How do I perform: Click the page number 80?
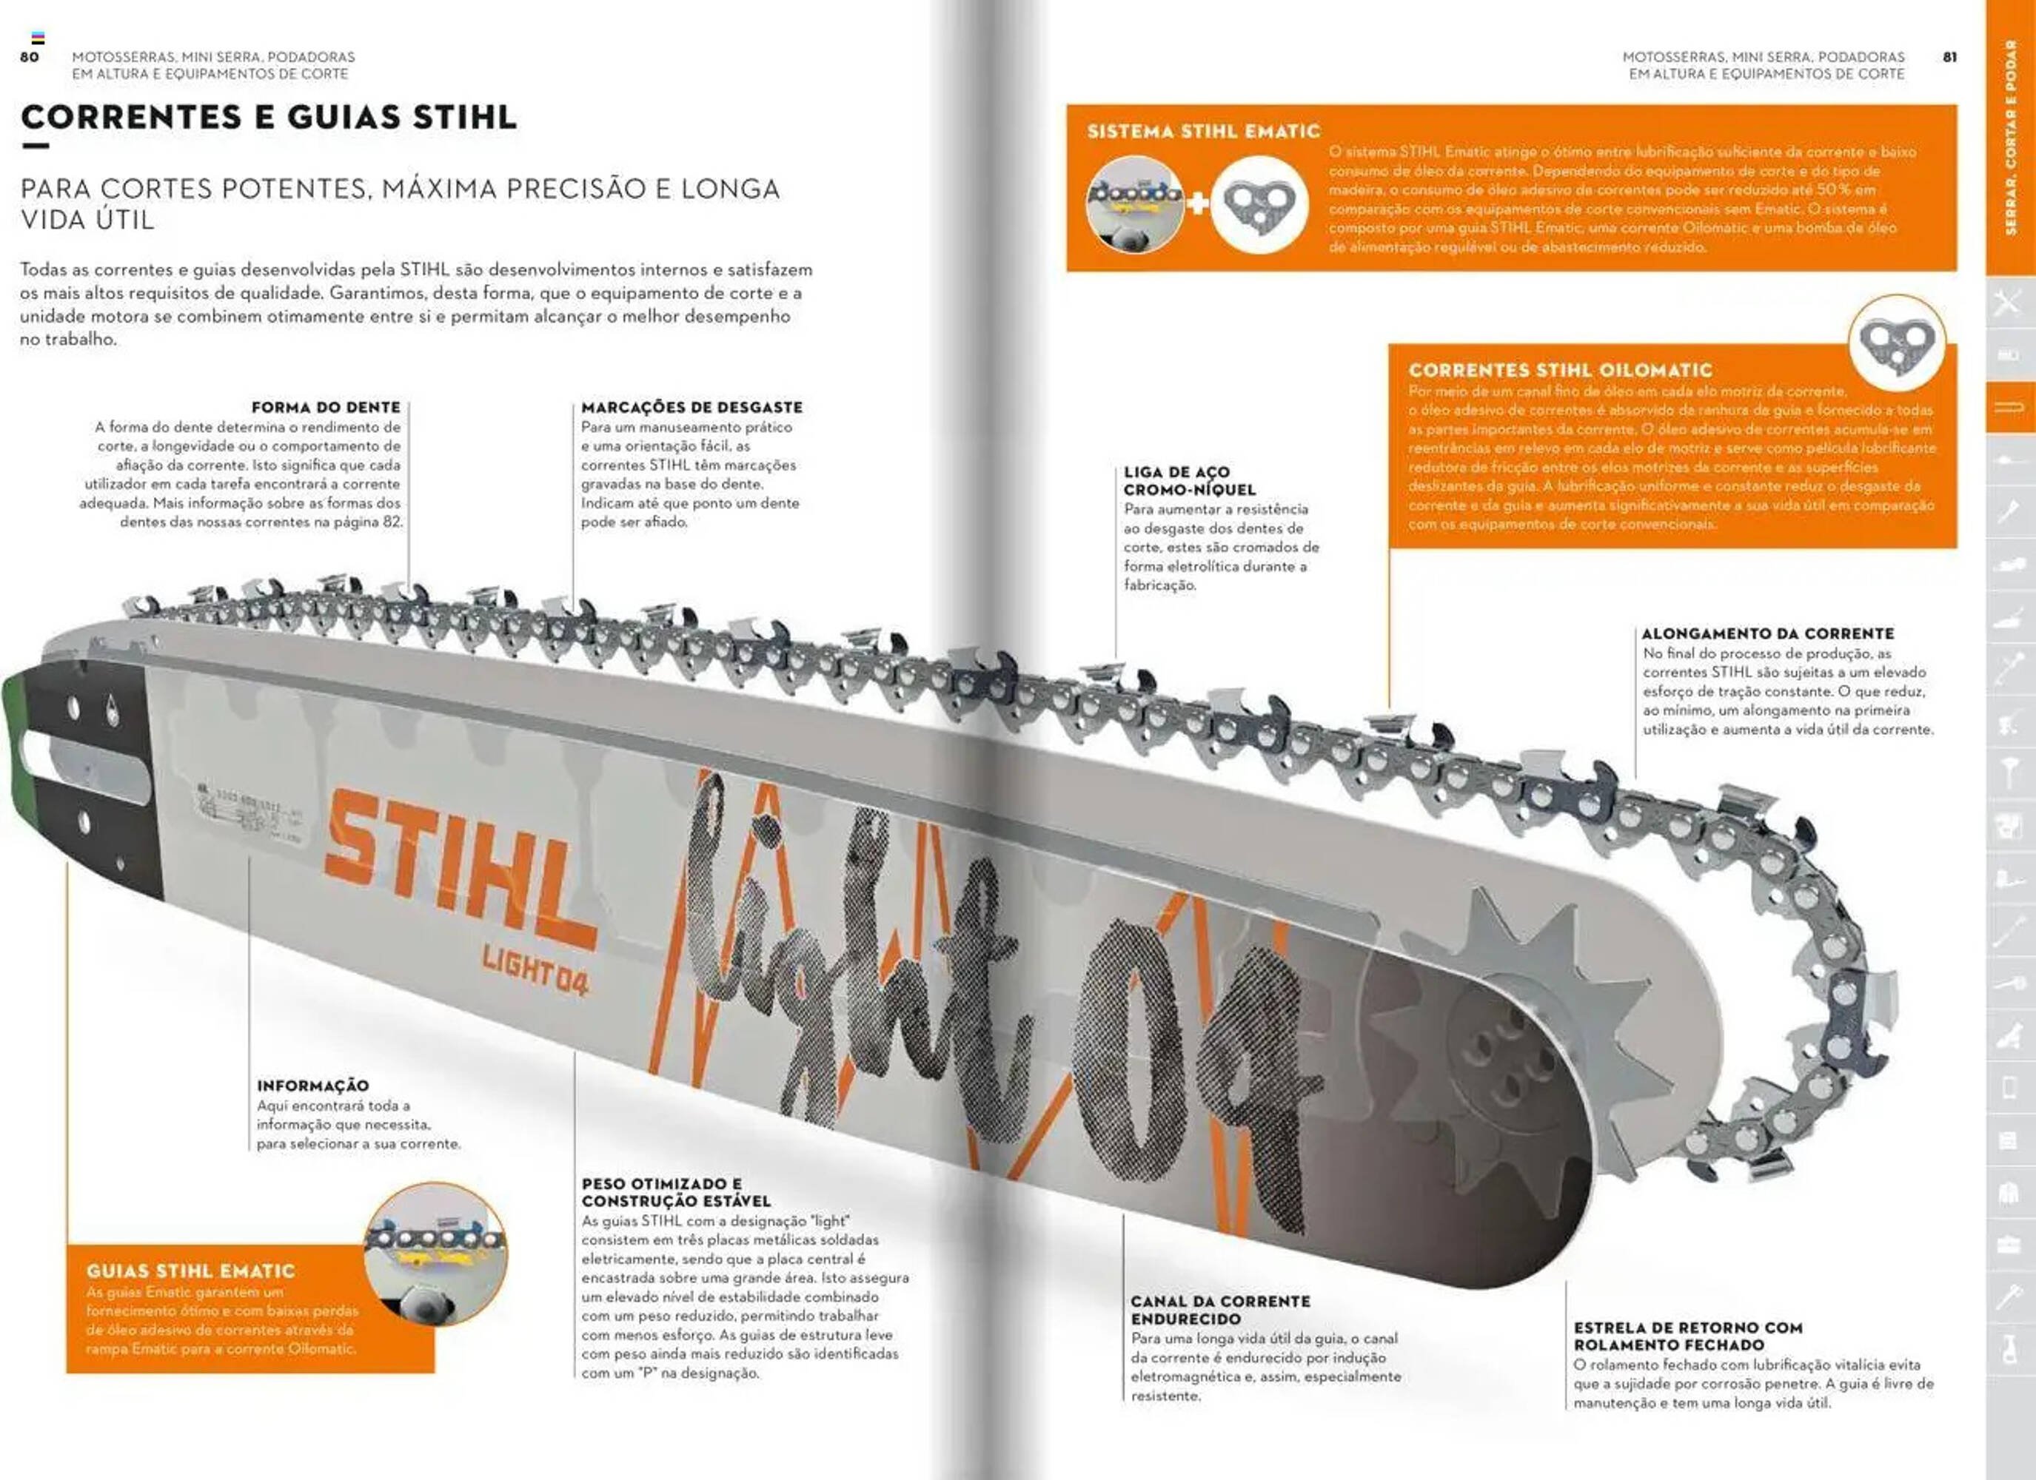30,56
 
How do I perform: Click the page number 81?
1950,56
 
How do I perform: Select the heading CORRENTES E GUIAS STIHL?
269,117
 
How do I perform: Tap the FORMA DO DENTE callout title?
326,408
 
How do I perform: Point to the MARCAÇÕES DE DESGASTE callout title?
691,408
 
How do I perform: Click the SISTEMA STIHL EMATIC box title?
1203,132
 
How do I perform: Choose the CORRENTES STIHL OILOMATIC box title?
1560,370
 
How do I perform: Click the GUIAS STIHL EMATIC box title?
190,1271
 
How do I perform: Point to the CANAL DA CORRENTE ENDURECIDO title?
1220,1310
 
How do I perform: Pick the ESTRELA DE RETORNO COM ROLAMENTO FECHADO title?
1688,1336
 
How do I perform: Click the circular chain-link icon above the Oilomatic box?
1896,342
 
